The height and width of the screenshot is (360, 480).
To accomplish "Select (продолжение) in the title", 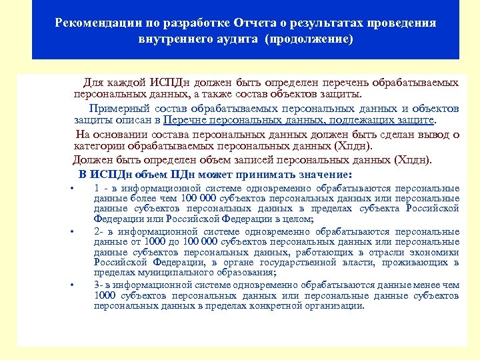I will point(309,39).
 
